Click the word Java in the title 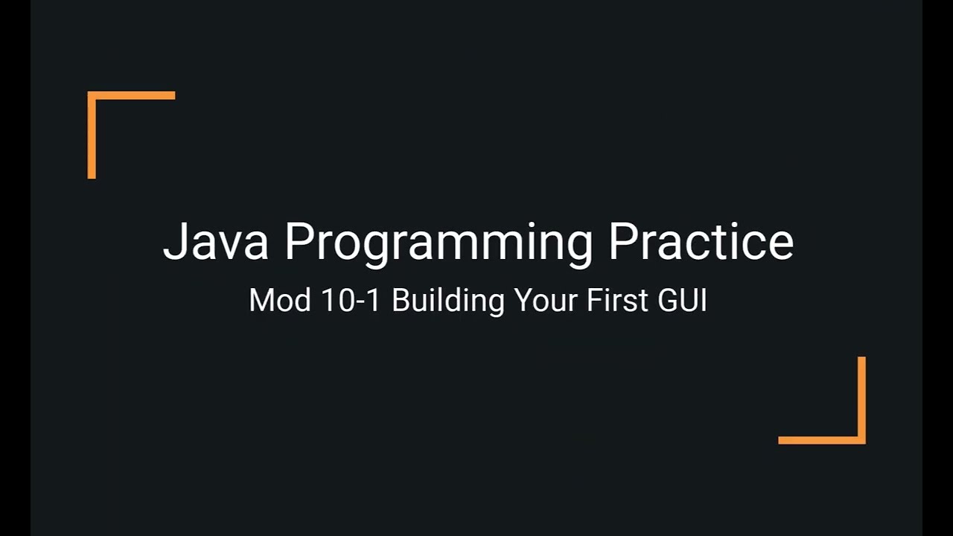215,241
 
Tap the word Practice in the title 701,241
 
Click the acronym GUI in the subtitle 682,300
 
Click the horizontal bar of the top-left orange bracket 132,95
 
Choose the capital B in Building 400,300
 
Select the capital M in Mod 260,300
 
